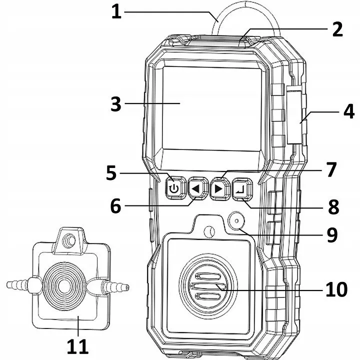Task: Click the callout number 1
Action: [116, 12]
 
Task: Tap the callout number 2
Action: [337, 29]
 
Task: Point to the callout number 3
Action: [116, 104]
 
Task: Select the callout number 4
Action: [349, 111]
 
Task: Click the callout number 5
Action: [111, 173]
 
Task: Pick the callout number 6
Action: [115, 206]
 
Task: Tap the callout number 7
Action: [331, 169]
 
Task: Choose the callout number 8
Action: [334, 207]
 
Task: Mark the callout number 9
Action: [332, 235]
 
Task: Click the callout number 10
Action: [336, 289]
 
